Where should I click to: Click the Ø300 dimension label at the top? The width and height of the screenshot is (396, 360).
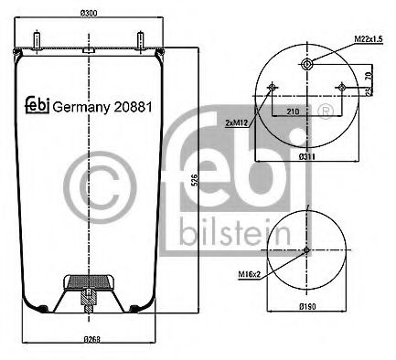point(90,13)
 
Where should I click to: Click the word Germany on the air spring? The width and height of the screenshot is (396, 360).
point(80,106)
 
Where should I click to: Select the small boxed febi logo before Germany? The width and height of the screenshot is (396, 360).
point(37,105)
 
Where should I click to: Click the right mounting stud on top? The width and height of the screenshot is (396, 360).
point(143,40)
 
